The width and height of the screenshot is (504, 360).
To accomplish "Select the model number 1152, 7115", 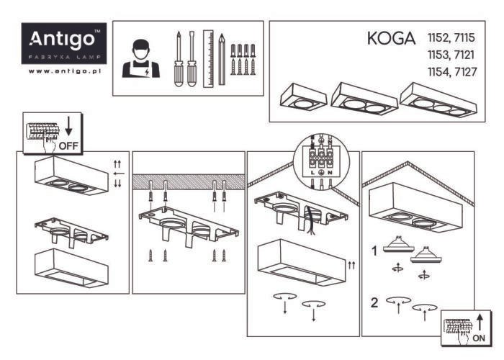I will click(451, 37).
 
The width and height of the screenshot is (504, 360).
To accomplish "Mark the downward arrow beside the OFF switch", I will click(69, 127).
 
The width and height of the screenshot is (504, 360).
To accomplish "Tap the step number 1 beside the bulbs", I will click(374, 251).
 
